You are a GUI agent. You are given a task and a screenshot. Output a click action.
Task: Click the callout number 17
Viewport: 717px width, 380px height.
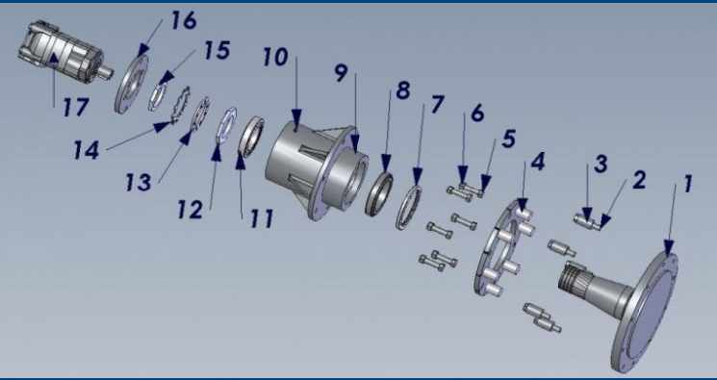pyautogui.click(x=75, y=108)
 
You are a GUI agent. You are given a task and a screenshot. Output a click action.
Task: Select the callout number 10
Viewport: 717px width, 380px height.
pyautogui.click(x=275, y=58)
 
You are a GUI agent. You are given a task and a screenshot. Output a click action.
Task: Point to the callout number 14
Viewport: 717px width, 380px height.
pyautogui.click(x=87, y=150)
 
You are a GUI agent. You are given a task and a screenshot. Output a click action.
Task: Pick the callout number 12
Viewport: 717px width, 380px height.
pyautogui.click(x=191, y=210)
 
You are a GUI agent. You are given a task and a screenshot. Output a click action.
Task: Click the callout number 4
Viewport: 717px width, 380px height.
pyautogui.click(x=538, y=162)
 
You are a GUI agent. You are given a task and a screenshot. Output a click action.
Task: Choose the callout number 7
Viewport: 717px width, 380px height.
pyautogui.click(x=437, y=104)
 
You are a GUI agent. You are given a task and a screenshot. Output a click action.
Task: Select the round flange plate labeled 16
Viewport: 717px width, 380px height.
pyautogui.click(x=131, y=84)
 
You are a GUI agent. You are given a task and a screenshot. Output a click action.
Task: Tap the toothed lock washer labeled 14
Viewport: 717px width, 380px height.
pyautogui.click(x=179, y=104)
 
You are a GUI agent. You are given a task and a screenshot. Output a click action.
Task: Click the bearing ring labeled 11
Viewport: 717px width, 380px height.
pyautogui.click(x=252, y=138)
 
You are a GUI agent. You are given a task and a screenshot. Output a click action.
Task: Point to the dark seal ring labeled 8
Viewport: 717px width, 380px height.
pyautogui.click(x=379, y=193)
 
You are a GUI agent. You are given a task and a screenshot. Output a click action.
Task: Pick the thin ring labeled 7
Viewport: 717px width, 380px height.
pyautogui.click(x=408, y=207)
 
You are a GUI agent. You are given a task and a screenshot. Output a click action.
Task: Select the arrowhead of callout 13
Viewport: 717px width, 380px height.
pyautogui.click(x=186, y=138)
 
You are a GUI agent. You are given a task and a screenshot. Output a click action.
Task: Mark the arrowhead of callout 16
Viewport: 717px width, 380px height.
pyautogui.click(x=143, y=49)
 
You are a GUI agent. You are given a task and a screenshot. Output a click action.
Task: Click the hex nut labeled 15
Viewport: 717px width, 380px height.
pyautogui.click(x=156, y=94)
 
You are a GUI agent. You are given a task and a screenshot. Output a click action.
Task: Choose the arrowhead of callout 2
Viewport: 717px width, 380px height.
pyautogui.click(x=604, y=222)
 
